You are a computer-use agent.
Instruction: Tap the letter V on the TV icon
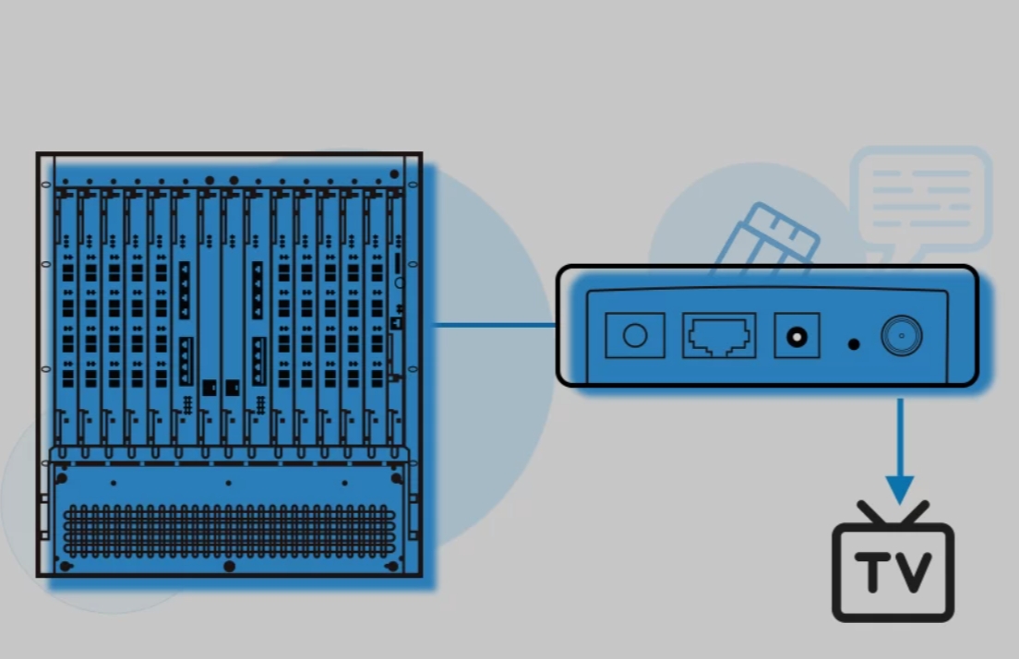(x=914, y=573)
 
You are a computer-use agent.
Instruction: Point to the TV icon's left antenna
(x=873, y=513)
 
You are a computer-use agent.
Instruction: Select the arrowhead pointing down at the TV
(x=899, y=488)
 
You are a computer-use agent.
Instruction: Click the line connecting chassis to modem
(x=494, y=325)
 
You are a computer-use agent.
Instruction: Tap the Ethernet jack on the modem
(x=719, y=335)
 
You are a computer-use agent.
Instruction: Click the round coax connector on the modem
(x=901, y=336)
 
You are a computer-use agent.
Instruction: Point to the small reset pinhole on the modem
(x=854, y=343)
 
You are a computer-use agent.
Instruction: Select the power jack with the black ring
(x=796, y=337)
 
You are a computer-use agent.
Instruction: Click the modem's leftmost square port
(x=634, y=335)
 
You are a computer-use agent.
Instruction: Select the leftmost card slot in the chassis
(x=66, y=314)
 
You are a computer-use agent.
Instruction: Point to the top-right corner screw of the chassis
(x=395, y=174)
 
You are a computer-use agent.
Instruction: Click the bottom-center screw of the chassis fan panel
(x=229, y=566)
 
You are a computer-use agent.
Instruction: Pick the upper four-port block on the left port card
(x=185, y=290)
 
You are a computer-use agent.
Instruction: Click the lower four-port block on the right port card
(x=258, y=362)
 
